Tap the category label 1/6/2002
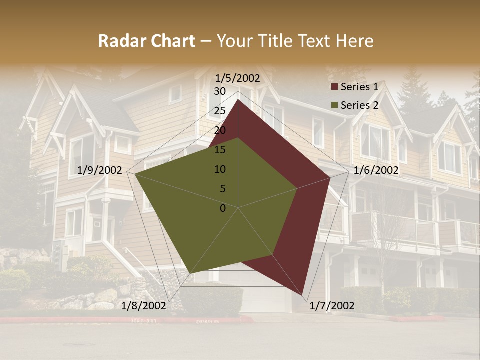point(376,170)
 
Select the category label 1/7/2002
point(332,306)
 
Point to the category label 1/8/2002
point(144,306)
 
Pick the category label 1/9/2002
point(100,170)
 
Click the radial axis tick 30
point(220,91)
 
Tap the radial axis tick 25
point(220,111)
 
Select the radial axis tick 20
point(220,130)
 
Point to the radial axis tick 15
point(220,150)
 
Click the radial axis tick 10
point(220,169)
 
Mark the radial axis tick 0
point(223,208)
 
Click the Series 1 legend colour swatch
point(334,87)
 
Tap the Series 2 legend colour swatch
point(334,105)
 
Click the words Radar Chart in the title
point(146,41)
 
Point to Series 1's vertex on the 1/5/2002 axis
point(238,100)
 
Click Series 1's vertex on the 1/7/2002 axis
point(303,295)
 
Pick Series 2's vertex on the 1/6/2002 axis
point(297,188)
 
